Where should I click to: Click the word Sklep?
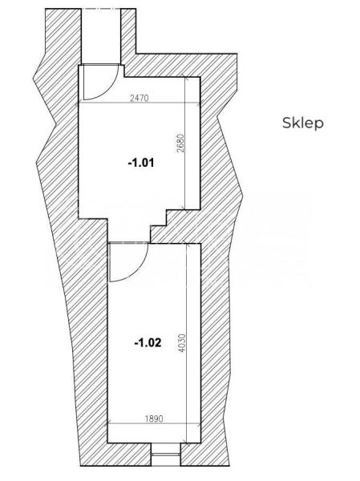[302, 123]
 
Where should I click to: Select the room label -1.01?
[141, 163]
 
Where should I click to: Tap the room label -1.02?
[148, 342]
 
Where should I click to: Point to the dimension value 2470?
[139, 98]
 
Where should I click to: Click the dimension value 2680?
[180, 143]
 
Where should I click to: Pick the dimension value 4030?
[182, 343]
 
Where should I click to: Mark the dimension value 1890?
[154, 418]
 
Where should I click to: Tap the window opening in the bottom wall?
[166, 455]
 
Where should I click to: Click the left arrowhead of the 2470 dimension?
[80, 103]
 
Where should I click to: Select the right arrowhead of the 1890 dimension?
[198, 425]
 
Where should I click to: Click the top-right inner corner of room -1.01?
[200, 77]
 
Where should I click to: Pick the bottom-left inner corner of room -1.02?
[107, 443]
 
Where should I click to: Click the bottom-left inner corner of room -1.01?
[79, 218]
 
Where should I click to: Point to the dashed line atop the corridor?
[101, 9]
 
